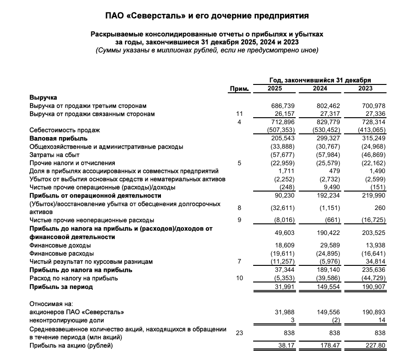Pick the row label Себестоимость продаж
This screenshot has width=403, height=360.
coord(65,130)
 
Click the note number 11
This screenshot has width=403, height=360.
coord(239,114)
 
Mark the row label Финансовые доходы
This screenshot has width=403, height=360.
coord(60,245)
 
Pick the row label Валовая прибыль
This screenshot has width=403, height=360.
coord(59,138)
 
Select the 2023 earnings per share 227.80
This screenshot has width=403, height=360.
coord(374,346)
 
